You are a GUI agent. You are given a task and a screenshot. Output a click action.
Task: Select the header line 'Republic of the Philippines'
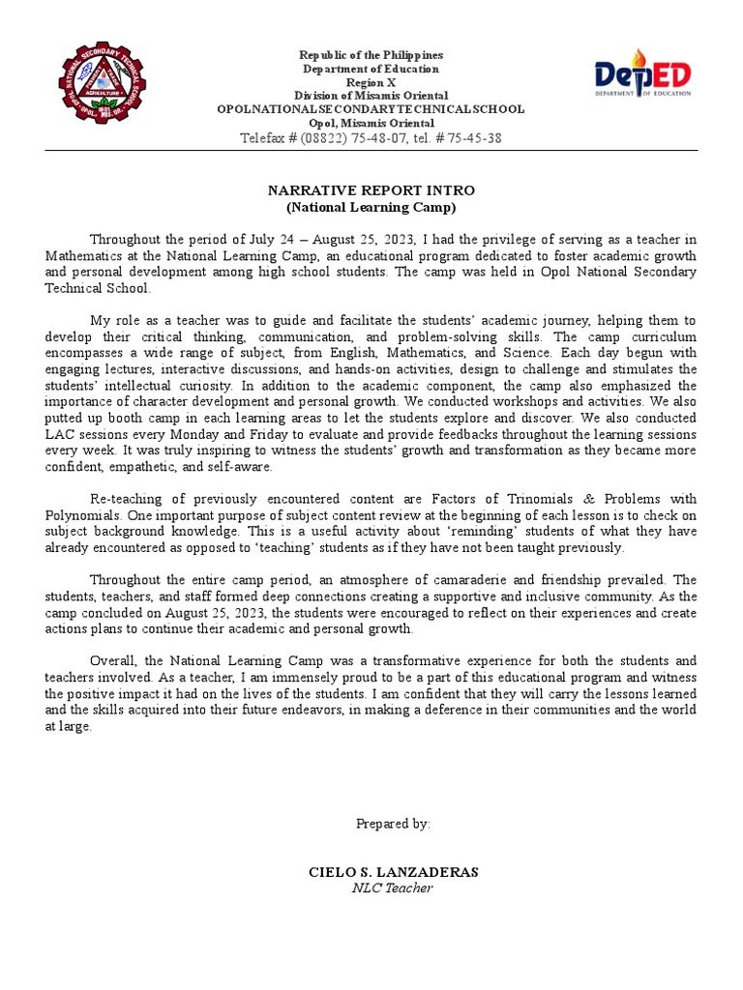click(x=371, y=56)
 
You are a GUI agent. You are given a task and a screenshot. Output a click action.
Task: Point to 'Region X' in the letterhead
click(x=371, y=83)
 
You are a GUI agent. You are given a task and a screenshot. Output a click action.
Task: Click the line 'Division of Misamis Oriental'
click(x=371, y=97)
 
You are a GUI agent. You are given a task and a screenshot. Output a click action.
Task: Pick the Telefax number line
click(x=371, y=138)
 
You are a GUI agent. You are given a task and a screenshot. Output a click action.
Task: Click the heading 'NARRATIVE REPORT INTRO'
click(x=371, y=190)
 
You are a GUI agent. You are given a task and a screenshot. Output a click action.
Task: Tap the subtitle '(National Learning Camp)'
click(x=371, y=207)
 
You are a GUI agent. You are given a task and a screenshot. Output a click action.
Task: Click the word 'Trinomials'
click(x=545, y=500)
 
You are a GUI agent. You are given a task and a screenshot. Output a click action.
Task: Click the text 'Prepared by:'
click(x=393, y=824)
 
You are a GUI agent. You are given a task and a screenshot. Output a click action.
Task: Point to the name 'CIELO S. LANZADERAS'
click(x=393, y=872)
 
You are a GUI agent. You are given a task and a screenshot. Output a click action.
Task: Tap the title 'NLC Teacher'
click(x=393, y=888)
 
